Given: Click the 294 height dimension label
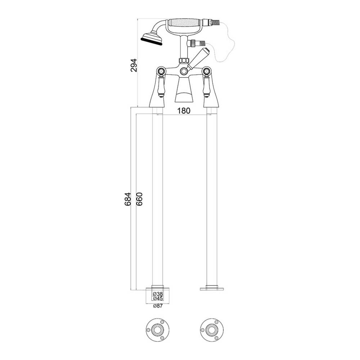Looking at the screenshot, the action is pos(134,66).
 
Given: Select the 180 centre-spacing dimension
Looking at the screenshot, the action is pos(184,111).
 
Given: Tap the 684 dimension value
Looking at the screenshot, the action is pos(127,199).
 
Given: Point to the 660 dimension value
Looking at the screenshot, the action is pos(139,199).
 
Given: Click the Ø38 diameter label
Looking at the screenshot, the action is pos(158,294).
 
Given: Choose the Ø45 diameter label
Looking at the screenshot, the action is pos(158,298).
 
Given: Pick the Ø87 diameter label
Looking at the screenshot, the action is pos(158,306).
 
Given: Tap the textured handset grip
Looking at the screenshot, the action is pos(185,23).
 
